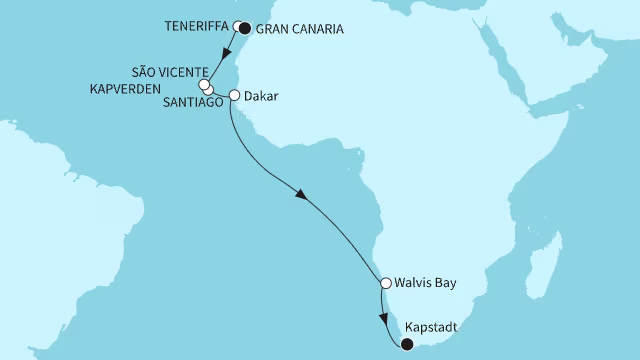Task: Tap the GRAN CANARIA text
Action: (x=300, y=30)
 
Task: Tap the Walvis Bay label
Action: (x=425, y=284)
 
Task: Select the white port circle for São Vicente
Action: (x=203, y=85)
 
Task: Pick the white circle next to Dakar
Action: (x=235, y=97)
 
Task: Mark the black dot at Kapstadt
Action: (x=406, y=345)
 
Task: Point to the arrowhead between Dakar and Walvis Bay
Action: (x=302, y=196)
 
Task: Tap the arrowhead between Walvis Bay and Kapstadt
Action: (x=386, y=321)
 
